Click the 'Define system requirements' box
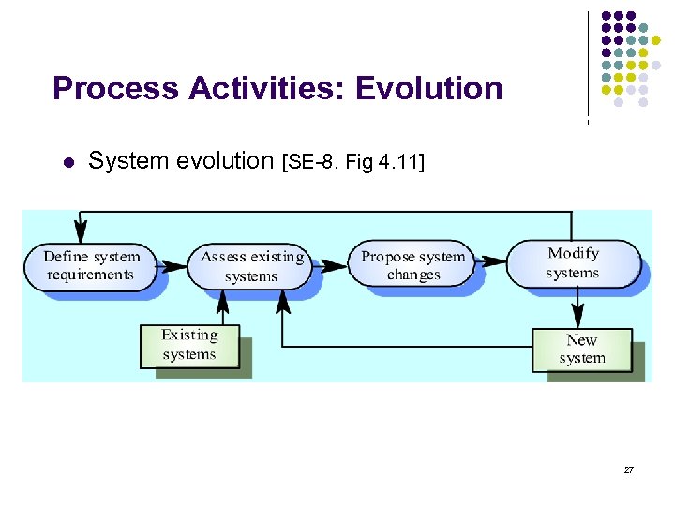click(92, 265)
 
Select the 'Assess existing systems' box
click(251, 266)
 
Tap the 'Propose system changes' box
click(412, 265)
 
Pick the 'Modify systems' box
click(573, 263)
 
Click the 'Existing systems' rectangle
click(189, 344)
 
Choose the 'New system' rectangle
click(582, 349)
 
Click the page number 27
click(629, 469)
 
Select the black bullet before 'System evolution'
click(67, 163)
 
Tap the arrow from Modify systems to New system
click(579, 307)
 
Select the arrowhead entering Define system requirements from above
click(82, 232)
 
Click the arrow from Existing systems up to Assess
click(222, 305)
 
